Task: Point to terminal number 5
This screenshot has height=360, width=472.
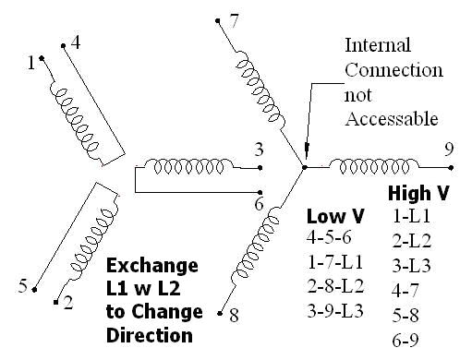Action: tap(22, 287)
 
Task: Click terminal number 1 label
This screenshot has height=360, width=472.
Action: tap(30, 63)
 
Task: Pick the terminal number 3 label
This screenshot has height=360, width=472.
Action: tap(260, 150)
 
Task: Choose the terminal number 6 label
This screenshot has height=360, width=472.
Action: tap(260, 204)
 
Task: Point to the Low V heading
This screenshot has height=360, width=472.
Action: tap(334, 216)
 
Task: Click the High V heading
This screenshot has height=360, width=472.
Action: tap(417, 196)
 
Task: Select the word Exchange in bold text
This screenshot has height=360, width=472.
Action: tap(151, 267)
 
